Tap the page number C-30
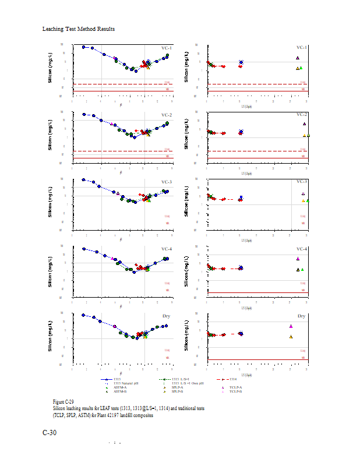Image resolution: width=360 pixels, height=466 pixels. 50,433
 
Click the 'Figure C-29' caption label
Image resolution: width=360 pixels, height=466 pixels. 63,402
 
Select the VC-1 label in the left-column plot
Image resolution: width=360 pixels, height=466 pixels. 166,48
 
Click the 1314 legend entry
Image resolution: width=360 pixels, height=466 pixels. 232,379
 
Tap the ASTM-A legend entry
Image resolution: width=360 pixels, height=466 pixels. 119,387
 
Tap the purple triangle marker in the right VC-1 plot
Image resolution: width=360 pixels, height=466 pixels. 297,58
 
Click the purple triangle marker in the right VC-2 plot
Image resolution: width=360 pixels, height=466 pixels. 304,123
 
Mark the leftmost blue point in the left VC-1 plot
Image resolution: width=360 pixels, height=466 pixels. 84,47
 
